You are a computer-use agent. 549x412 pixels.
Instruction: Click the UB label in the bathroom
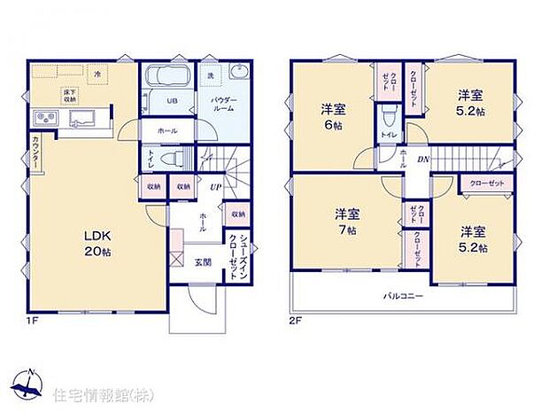[x=174, y=101]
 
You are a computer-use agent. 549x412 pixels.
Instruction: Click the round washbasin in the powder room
[x=237, y=74]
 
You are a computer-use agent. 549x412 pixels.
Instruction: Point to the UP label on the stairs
[x=215, y=187]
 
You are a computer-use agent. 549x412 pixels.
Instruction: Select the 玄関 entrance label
[x=203, y=262]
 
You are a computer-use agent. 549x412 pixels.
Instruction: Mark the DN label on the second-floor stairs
[x=424, y=159]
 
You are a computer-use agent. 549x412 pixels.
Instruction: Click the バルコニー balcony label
[x=403, y=295]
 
